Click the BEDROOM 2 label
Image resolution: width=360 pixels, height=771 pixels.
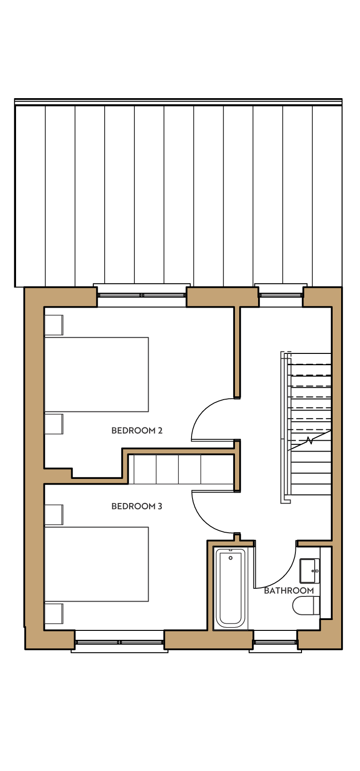(x=137, y=431)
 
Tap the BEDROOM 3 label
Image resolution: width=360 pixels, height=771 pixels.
(x=137, y=506)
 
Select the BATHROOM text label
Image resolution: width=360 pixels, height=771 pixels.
(x=289, y=591)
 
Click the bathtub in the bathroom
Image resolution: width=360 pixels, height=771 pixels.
(x=230, y=588)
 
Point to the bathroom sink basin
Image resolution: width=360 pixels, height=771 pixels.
(x=310, y=570)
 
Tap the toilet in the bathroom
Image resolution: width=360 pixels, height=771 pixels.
(x=306, y=606)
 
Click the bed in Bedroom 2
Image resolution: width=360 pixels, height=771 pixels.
(x=96, y=375)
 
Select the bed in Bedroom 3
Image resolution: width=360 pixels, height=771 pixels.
(x=96, y=564)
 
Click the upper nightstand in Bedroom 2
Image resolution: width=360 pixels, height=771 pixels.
(x=54, y=325)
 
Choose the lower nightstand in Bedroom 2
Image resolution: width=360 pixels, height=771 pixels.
(x=54, y=424)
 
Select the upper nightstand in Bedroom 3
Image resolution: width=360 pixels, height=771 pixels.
(x=54, y=515)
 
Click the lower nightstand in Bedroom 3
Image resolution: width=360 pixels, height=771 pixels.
(x=54, y=614)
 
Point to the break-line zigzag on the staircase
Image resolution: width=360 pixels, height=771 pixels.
(x=310, y=440)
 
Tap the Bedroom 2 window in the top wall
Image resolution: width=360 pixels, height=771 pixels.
(x=142, y=295)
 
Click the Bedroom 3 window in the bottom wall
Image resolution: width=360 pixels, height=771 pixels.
(x=119, y=643)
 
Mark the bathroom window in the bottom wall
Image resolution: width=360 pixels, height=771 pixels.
(x=276, y=643)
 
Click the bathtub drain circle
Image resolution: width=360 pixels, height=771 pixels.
(x=230, y=558)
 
